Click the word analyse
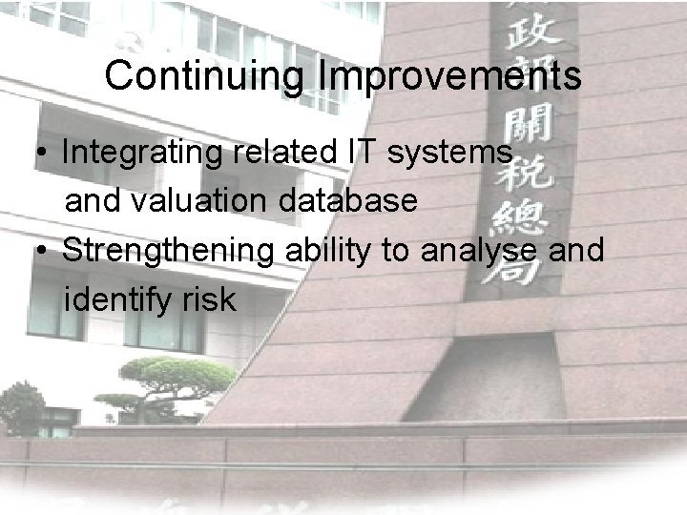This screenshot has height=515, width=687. [465, 252]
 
